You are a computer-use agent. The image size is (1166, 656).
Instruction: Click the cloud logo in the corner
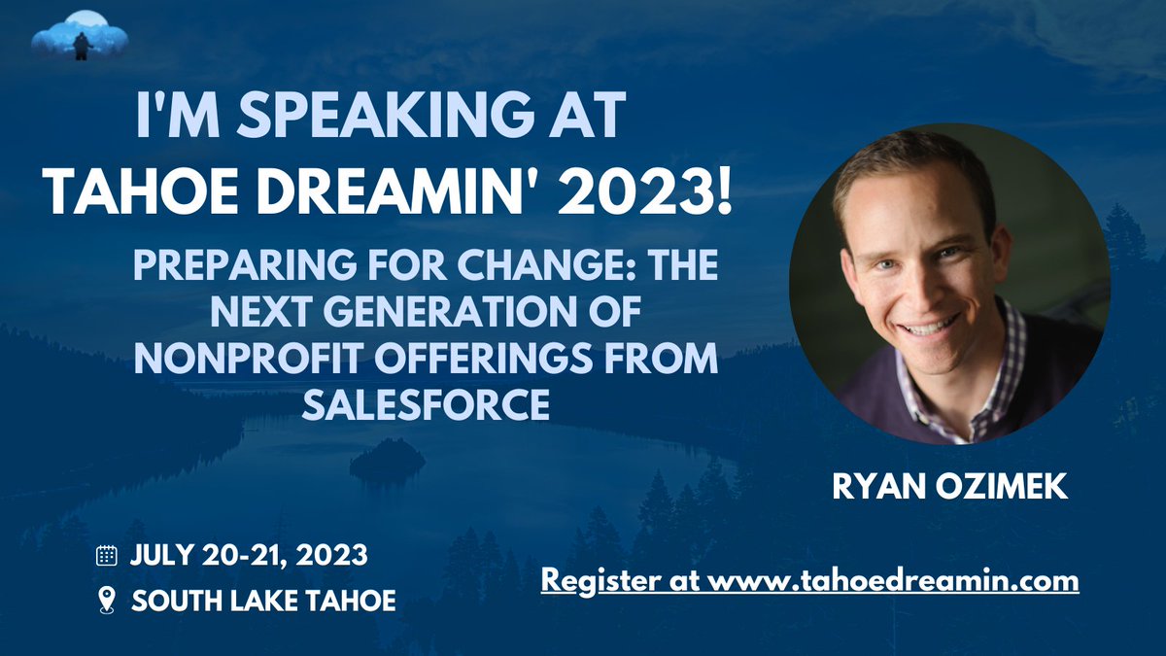[80, 37]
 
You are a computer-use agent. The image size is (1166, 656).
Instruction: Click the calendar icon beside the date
[107, 556]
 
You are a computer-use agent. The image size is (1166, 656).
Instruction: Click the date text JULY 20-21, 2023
[249, 556]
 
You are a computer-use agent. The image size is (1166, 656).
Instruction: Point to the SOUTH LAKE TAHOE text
[263, 601]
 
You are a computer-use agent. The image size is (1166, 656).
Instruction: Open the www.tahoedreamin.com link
[892, 581]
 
